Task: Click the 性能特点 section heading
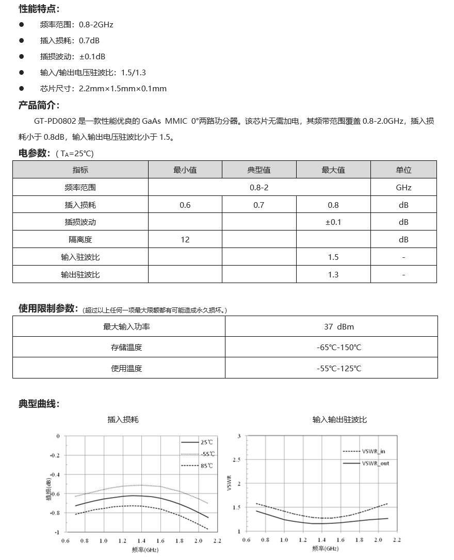[x=39, y=9]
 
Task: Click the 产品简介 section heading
[x=39, y=106]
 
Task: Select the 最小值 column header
[x=185, y=170]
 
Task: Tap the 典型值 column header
[x=258, y=170]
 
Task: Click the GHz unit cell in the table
[x=403, y=187]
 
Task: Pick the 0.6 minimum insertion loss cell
[x=185, y=205]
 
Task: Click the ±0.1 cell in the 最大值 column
[x=333, y=222]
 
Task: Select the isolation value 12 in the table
[x=185, y=239]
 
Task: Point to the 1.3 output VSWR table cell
[x=333, y=274]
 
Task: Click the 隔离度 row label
[x=80, y=239]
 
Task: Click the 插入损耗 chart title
[x=123, y=420]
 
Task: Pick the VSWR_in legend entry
[x=374, y=451]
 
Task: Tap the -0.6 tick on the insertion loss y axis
[x=55, y=493]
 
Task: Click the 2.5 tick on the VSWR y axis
[x=237, y=459]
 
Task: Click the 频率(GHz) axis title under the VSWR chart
[x=325, y=548]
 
